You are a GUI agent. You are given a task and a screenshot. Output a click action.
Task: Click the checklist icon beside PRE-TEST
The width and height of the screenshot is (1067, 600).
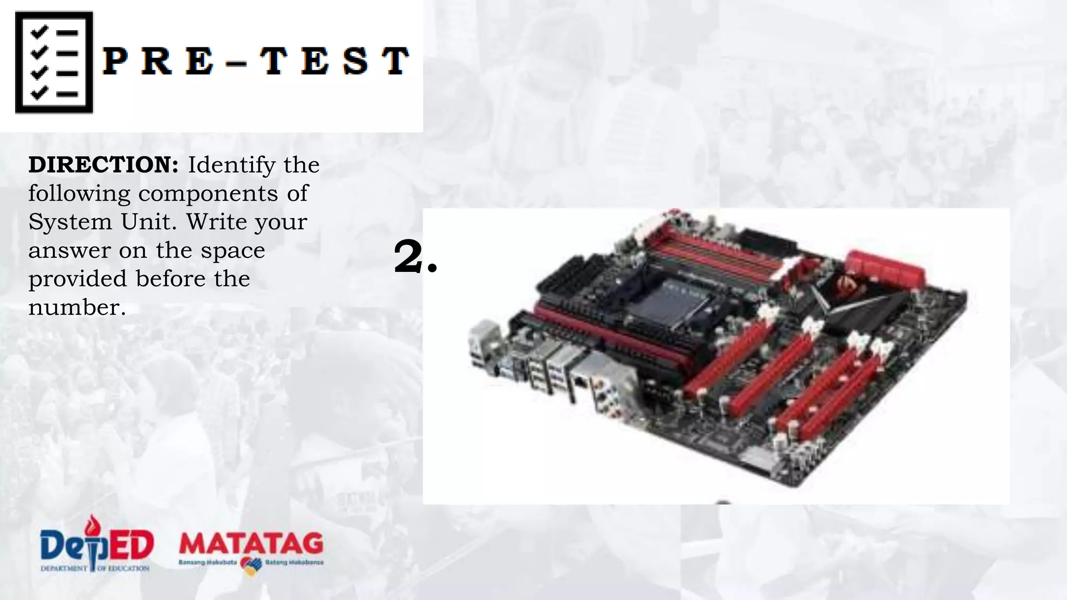click(x=54, y=63)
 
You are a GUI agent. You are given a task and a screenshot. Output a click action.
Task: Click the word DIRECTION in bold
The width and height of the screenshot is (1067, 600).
click(x=103, y=165)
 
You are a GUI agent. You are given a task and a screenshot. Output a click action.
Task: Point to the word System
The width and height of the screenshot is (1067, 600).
click(x=70, y=222)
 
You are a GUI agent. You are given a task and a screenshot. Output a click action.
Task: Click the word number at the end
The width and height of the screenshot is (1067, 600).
click(x=77, y=308)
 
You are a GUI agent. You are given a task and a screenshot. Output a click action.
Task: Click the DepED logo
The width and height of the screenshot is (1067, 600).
click(x=97, y=544)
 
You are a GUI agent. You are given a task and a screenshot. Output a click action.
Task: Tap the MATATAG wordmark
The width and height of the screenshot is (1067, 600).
click(x=251, y=544)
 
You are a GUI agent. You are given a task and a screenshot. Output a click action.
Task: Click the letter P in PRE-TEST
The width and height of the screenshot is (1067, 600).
click(x=116, y=61)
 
